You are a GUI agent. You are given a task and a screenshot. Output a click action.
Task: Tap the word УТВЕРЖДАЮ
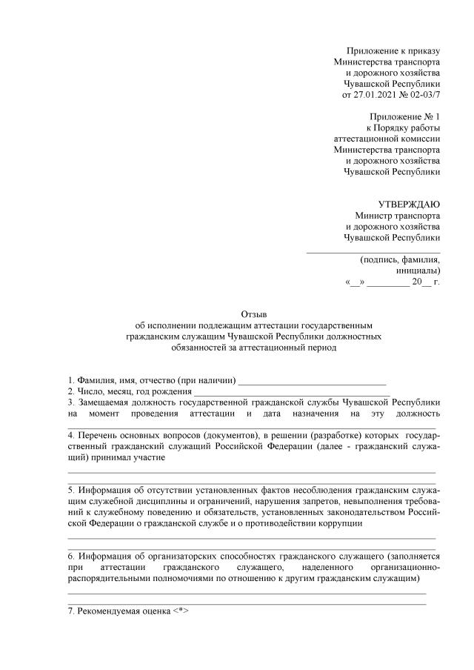pyautogui.click(x=409, y=205)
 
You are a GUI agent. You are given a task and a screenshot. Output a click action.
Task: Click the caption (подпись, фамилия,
pyautogui.click(x=400, y=260)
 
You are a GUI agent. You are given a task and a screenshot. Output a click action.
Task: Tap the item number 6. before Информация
pyautogui.click(x=71, y=555)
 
